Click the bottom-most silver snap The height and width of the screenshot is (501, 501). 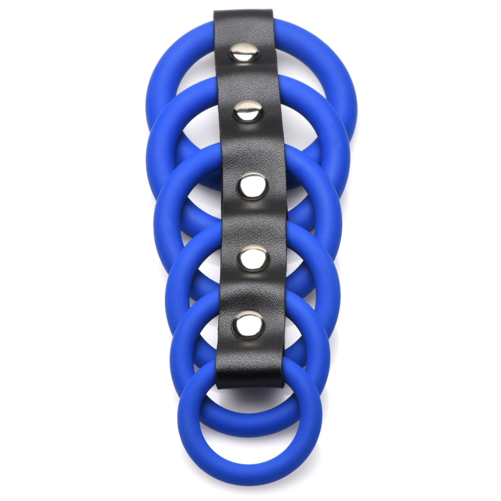pos(250,325)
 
